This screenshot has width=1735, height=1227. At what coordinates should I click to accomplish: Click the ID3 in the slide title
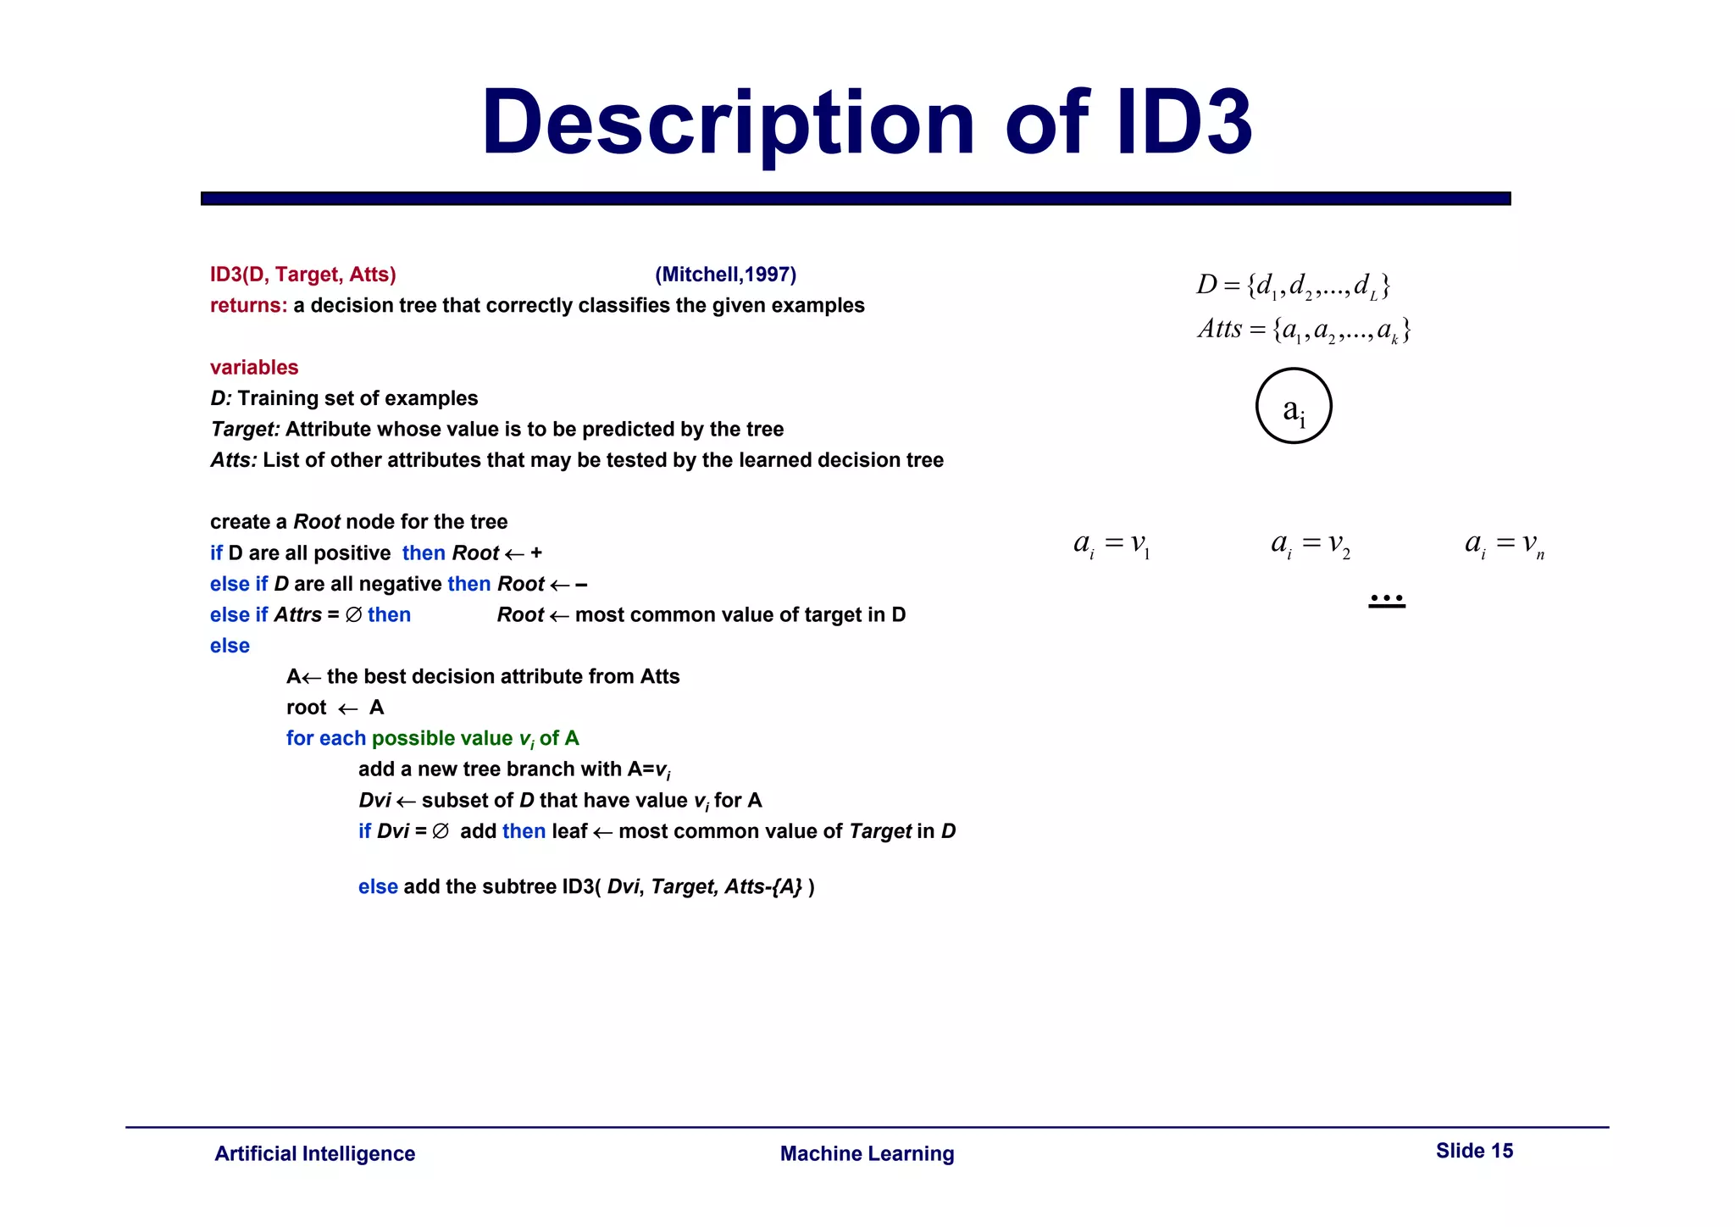coord(1184,124)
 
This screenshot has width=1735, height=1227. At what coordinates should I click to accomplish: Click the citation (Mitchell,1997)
coord(725,275)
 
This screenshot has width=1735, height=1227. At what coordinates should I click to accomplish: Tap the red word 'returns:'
coord(248,305)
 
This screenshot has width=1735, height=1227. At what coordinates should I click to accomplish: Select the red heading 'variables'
coord(254,368)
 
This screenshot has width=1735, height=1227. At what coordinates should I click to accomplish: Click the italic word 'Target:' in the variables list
coord(245,430)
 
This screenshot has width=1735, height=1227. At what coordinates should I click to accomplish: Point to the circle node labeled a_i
coord(1294,406)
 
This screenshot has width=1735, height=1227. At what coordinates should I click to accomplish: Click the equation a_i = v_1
coord(1111,544)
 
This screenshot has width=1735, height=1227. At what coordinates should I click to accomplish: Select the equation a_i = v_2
coord(1311,544)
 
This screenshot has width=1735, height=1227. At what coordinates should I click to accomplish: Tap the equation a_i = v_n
coord(1505,544)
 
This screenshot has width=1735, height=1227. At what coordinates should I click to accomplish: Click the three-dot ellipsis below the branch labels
coord(1387,599)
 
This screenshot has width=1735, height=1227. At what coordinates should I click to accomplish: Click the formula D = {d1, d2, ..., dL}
coord(1293,286)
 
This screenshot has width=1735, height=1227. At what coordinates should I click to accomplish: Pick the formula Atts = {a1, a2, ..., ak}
coord(1304,330)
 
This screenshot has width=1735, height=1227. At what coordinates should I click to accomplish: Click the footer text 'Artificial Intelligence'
coord(315,1154)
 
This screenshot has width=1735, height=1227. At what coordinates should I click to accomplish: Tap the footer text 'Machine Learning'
coord(867,1154)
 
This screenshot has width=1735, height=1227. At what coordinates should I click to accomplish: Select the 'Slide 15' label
coord(1474,1151)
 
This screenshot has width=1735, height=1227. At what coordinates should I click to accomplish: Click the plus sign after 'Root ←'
coord(536,553)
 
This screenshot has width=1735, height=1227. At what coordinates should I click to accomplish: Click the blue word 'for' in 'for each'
coord(300,738)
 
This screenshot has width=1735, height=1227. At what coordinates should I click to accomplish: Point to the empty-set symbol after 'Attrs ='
coord(353,615)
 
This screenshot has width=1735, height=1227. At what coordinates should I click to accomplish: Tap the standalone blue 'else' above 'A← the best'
coord(230,646)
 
